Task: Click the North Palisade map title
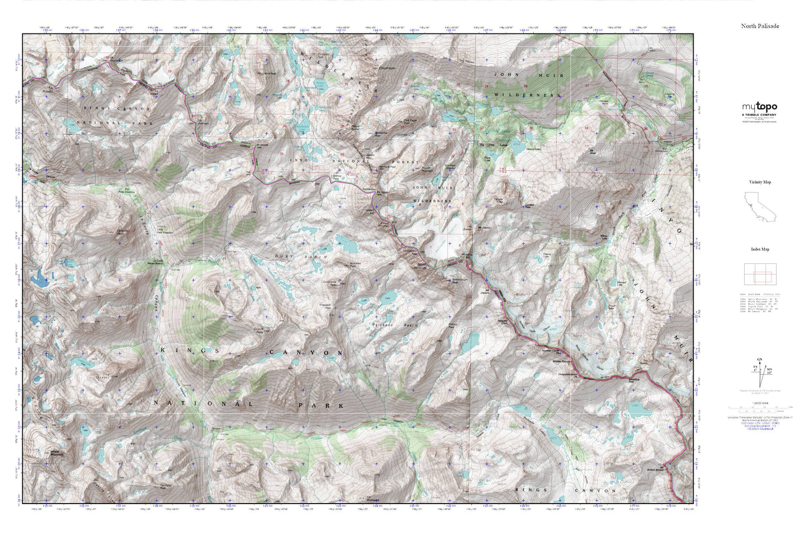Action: coord(760,26)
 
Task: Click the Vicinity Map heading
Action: coord(760,182)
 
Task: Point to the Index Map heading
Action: coord(760,249)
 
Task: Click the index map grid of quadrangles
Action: coord(760,274)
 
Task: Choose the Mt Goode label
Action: coord(262,146)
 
